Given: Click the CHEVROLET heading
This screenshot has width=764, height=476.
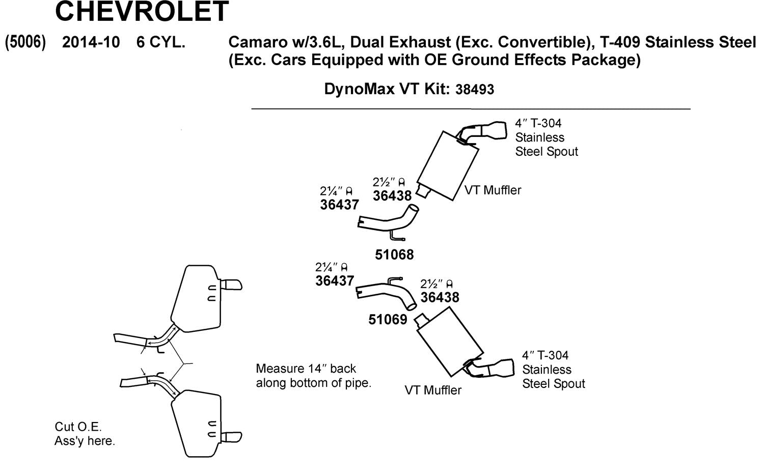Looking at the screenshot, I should pyautogui.click(x=142, y=11).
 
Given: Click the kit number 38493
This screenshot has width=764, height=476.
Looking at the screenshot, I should pyautogui.click(x=475, y=90).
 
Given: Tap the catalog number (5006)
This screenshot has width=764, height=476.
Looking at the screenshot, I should pyautogui.click(x=25, y=42).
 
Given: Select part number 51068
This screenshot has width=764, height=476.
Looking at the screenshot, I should pyautogui.click(x=394, y=255).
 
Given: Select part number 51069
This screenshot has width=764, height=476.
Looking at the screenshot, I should pyautogui.click(x=388, y=320).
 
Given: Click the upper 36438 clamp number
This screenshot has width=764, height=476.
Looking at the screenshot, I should pyautogui.click(x=392, y=196).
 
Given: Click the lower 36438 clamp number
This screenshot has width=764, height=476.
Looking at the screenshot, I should pyautogui.click(x=440, y=297).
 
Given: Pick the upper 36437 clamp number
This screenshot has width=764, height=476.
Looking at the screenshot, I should pyautogui.click(x=339, y=205).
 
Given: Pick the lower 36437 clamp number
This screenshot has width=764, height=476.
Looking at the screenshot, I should pyautogui.click(x=335, y=281).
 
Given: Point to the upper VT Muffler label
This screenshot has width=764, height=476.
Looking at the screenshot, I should pyautogui.click(x=493, y=190).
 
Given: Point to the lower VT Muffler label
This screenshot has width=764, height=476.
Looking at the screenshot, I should pyautogui.click(x=433, y=390).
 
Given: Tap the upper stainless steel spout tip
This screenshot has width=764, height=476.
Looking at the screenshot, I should pyautogui.click(x=493, y=131).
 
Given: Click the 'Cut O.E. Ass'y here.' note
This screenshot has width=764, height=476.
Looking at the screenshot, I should pyautogui.click(x=85, y=434).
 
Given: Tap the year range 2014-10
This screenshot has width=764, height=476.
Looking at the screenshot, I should pyautogui.click(x=91, y=42).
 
